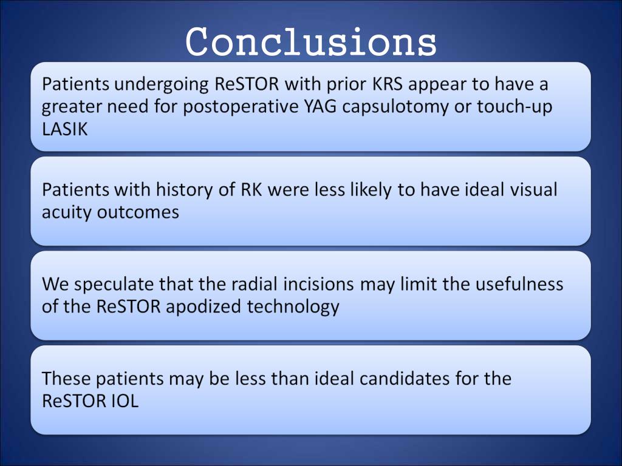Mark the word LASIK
(65, 129)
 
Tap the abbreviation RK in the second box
(250, 189)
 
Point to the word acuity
(67, 213)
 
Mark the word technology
(293, 307)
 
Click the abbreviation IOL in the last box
(121, 400)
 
